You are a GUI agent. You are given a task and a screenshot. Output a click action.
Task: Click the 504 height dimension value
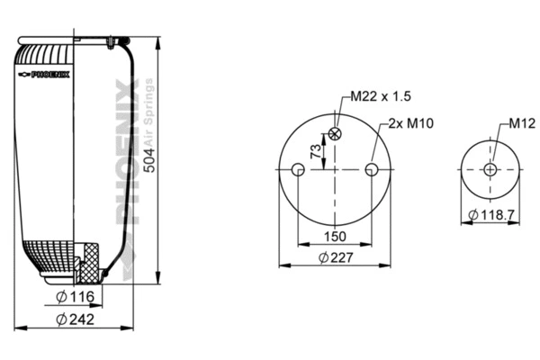point(149,160)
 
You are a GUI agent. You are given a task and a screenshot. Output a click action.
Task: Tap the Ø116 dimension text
point(76,298)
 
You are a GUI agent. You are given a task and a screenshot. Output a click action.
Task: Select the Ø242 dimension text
point(76,319)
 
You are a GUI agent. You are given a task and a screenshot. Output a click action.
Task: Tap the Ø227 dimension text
point(336,257)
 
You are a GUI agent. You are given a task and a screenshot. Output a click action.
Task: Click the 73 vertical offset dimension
point(315,152)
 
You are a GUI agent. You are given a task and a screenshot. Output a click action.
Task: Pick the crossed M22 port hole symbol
point(336,134)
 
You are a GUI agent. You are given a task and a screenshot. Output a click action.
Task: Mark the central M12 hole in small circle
point(490,170)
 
